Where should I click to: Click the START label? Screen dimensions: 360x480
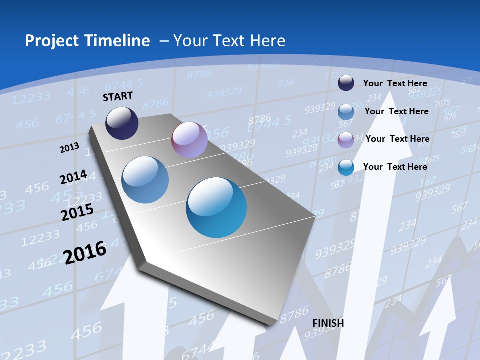pyautogui.click(x=118, y=96)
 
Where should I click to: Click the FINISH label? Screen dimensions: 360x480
pyautogui.click(x=328, y=323)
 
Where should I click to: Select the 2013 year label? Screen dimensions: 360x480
pyautogui.click(x=70, y=148)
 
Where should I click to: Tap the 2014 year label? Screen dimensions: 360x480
pyautogui.click(x=73, y=177)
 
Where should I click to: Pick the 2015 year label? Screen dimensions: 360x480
pyautogui.click(x=77, y=212)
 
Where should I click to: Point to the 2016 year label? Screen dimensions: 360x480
pyautogui.click(x=85, y=252)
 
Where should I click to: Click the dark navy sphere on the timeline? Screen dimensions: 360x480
pyautogui.click(x=122, y=123)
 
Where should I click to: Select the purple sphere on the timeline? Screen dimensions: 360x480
pyautogui.click(x=189, y=140)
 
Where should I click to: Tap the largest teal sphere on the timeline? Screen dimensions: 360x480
pyautogui.click(x=216, y=207)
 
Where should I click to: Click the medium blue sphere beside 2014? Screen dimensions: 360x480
pyautogui.click(x=145, y=180)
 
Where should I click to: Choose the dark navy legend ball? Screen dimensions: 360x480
pyautogui.click(x=346, y=83)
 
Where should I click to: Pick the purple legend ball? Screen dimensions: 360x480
pyautogui.click(x=346, y=139)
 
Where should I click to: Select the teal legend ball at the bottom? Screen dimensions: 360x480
pyautogui.click(x=346, y=167)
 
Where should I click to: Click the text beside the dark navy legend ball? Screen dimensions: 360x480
pyautogui.click(x=395, y=83)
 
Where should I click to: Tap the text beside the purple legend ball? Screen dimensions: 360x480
pyautogui.click(x=397, y=139)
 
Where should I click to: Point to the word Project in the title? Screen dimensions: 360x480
pyautogui.click(x=49, y=41)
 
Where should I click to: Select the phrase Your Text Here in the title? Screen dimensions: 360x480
pyautogui.click(x=229, y=41)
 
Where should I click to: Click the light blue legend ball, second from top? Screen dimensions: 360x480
pyautogui.click(x=346, y=111)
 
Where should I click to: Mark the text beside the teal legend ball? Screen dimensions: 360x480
pyautogui.click(x=395, y=167)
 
